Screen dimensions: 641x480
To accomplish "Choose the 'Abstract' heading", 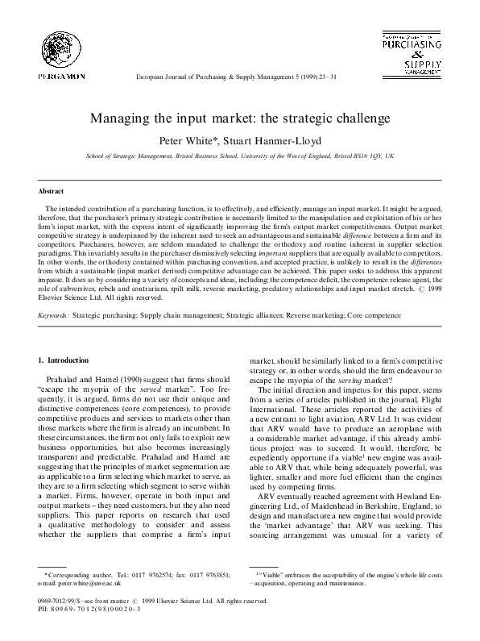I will point(52,191).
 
